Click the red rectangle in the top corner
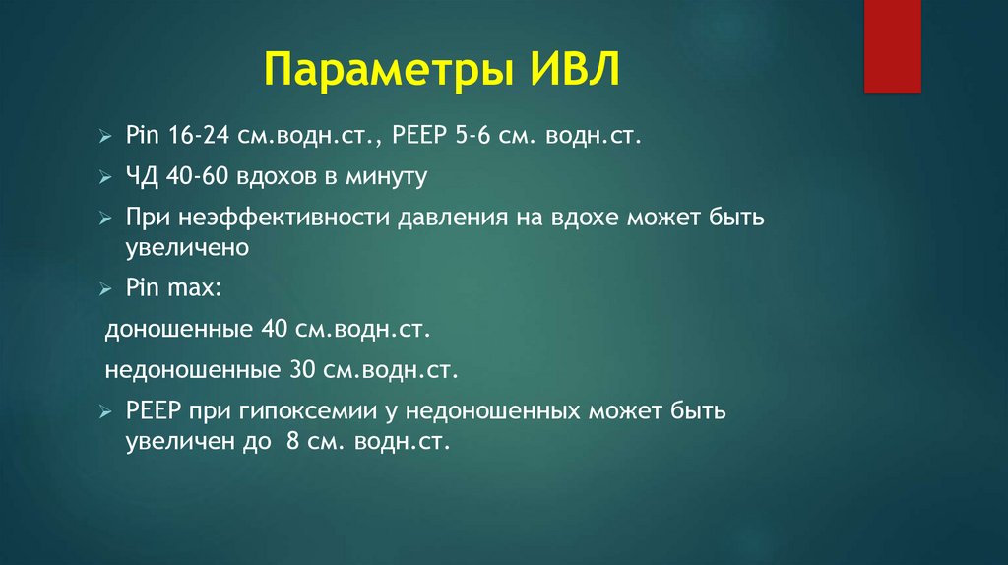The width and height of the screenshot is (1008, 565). [892, 46]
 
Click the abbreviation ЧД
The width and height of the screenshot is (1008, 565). [141, 177]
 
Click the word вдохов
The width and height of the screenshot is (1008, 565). [271, 177]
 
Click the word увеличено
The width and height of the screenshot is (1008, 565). [186, 247]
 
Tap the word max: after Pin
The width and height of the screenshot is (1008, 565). [194, 288]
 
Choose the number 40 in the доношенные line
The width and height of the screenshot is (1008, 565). [273, 330]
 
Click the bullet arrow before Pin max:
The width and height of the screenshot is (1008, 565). [106, 289]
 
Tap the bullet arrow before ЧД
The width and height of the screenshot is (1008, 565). [106, 178]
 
